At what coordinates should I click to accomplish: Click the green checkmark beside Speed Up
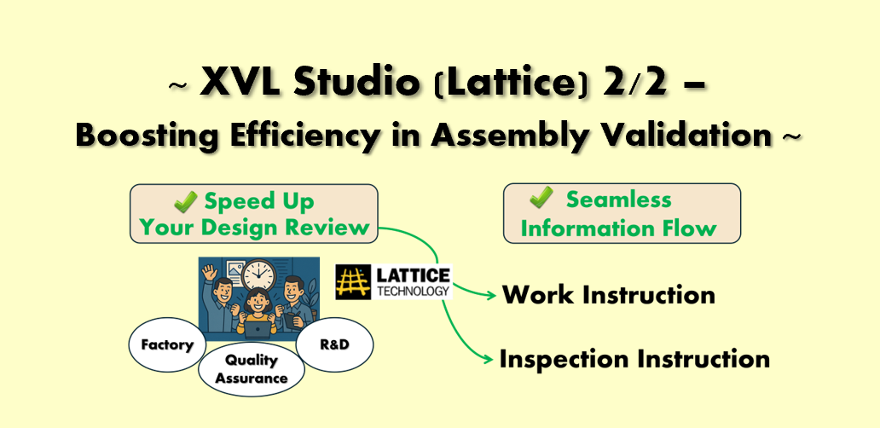[185, 201]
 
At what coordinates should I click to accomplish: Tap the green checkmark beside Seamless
[541, 198]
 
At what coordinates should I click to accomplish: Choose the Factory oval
[166, 344]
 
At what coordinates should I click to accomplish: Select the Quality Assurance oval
[252, 368]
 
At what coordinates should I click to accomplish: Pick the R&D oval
[334, 344]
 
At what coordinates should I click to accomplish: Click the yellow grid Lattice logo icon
[353, 281]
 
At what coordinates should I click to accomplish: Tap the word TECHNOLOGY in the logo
[414, 291]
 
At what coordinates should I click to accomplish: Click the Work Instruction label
[608, 294]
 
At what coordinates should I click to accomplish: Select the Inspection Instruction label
[634, 359]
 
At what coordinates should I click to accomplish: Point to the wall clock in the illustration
[258, 275]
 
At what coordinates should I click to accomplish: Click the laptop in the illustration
[257, 329]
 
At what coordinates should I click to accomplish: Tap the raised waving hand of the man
[210, 275]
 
